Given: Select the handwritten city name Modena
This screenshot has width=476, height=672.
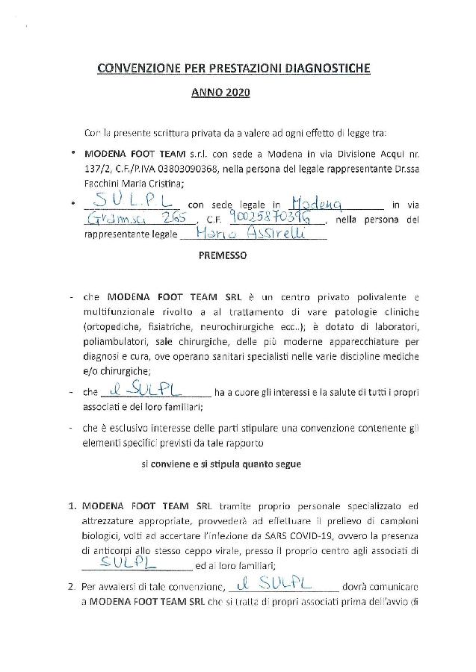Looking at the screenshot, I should click(x=314, y=204).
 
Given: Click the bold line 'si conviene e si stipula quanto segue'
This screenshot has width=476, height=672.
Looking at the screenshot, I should click(x=222, y=464).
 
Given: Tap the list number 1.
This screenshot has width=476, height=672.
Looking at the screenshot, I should click(x=72, y=505).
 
